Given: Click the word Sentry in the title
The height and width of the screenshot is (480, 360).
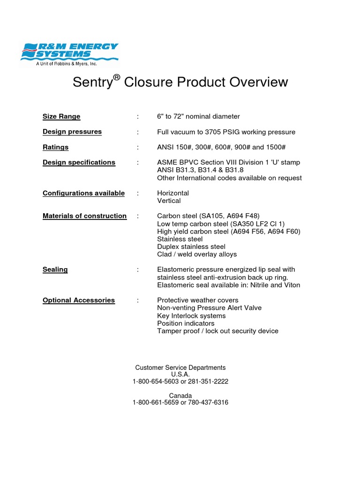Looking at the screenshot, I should pos(92,82).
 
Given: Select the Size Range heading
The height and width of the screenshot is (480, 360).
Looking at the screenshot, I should pos(61,116).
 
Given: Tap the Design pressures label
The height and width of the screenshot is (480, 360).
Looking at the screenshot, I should pos(72,132).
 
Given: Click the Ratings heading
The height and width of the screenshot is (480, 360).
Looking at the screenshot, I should pos(55,147).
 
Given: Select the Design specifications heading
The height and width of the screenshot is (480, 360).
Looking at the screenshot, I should pos(79,162).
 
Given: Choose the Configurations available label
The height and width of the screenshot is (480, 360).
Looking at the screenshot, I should pos(83,193).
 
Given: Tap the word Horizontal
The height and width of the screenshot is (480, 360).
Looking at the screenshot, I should pos(173,193).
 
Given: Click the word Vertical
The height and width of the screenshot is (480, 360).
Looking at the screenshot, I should pos(169,201).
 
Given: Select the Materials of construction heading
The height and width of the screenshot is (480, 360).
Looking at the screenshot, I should pos(84,216).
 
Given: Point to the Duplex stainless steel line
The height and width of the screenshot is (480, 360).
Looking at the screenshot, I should pos(191,247).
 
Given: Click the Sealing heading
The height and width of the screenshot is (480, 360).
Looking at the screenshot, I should pos(55,270).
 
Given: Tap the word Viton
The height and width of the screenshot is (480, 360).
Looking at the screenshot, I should pos(291,285).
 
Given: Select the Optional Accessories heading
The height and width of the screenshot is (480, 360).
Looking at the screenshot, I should pos(79,300).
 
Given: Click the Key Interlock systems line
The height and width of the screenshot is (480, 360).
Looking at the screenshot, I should pos(191,316).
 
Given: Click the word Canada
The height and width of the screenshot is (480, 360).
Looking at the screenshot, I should pos(180,396).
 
